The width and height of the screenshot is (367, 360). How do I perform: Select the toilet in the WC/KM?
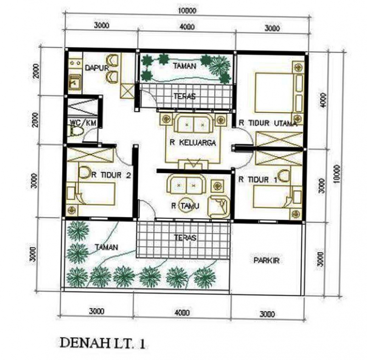76,132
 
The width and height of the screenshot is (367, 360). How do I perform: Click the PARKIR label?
267,260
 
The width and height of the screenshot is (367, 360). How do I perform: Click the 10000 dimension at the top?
187,10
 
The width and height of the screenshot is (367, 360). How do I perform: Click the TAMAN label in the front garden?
106,247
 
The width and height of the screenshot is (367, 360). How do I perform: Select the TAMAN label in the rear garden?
185,66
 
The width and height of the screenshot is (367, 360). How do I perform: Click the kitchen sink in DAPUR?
74,83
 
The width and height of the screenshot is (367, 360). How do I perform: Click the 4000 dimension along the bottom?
182,313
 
